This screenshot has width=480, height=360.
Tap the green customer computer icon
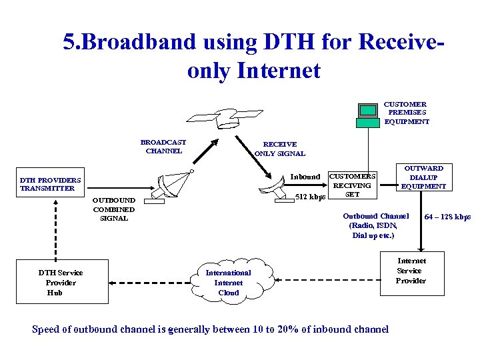(367, 115)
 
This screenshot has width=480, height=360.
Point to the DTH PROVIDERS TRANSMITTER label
(51, 184)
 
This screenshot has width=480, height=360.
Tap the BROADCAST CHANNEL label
(163, 146)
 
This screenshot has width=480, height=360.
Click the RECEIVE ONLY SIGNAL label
(280, 149)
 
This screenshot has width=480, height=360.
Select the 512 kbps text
(310, 197)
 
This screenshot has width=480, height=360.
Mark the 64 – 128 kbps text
(447, 217)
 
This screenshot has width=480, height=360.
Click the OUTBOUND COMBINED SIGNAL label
(113, 209)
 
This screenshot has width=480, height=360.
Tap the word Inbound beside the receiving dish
(305, 177)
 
